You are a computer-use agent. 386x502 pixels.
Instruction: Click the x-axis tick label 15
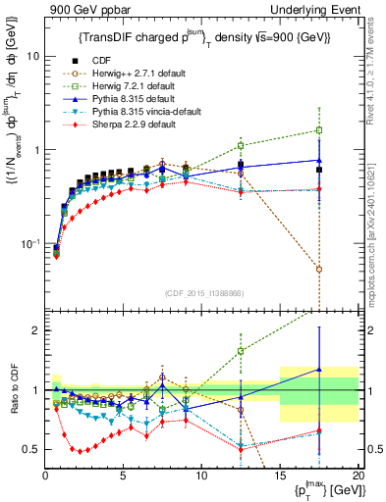(280, 475)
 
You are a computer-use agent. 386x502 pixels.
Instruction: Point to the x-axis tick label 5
(124, 475)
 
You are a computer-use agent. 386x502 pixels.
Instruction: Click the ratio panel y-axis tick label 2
(34, 330)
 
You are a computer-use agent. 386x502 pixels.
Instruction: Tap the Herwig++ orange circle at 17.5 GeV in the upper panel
(319, 269)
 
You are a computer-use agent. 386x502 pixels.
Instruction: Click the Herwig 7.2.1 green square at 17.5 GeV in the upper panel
(319, 130)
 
